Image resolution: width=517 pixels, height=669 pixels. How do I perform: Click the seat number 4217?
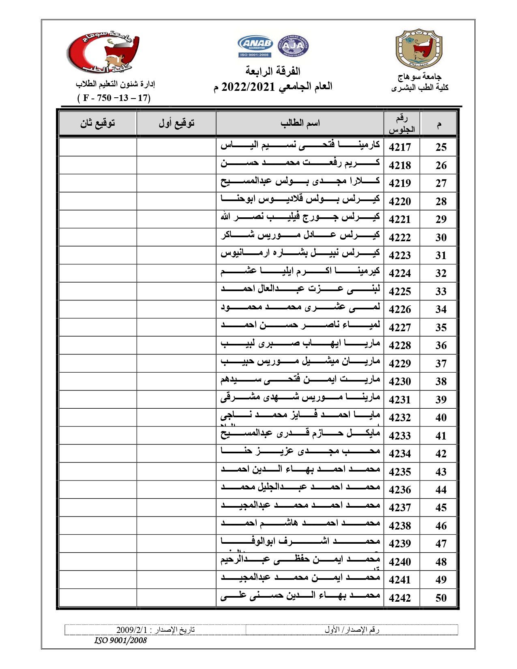pyautogui.click(x=400, y=147)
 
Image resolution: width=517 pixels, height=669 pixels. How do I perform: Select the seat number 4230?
pyautogui.click(x=400, y=382)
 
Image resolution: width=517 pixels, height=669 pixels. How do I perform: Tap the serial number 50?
pyautogui.click(x=441, y=598)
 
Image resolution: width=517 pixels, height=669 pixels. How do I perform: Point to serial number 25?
pyautogui.click(x=441, y=147)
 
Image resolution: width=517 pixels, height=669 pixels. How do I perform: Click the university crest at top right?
pyautogui.click(x=419, y=49)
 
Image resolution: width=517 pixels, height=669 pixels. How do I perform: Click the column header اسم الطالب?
pyautogui.click(x=300, y=123)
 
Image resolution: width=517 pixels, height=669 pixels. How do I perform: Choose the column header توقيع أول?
pyautogui.click(x=176, y=123)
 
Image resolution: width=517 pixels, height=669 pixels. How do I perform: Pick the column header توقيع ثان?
pyautogui.click(x=98, y=123)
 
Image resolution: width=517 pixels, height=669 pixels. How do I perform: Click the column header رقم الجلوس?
pyautogui.click(x=401, y=124)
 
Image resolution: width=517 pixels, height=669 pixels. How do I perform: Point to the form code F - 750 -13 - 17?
pyautogui.click(x=114, y=98)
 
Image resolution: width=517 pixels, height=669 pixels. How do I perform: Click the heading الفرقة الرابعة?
pyautogui.click(x=272, y=71)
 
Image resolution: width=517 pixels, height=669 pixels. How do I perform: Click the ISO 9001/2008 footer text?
pyautogui.click(x=120, y=641)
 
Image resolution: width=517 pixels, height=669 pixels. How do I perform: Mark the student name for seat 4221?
pyautogui.click(x=300, y=218)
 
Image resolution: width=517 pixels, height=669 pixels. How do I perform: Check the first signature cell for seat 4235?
pyautogui.click(x=176, y=472)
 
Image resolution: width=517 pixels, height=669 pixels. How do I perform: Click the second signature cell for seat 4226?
pyautogui.click(x=98, y=309)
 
